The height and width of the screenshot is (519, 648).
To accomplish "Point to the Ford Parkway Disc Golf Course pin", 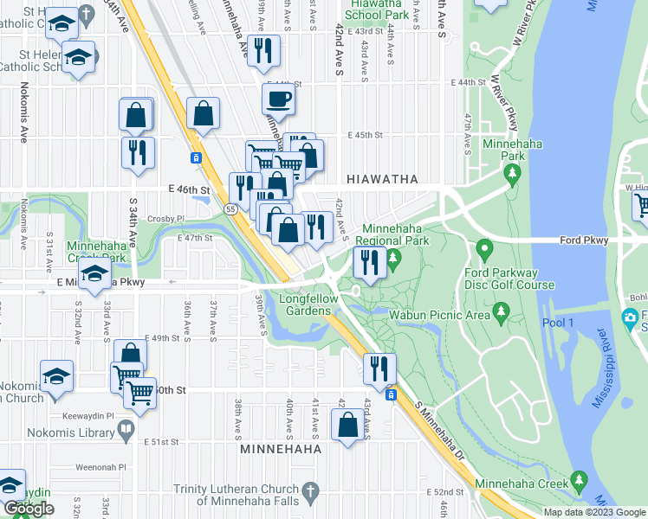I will point(483,251).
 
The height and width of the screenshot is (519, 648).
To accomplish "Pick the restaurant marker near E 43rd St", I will point(263,50).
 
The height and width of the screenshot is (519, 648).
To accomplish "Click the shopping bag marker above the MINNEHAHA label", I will point(347,425).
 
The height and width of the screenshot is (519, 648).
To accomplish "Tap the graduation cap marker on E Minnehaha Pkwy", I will point(94,277).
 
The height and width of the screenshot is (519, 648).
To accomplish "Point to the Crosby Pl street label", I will point(166,219).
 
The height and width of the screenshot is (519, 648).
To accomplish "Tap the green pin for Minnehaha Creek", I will point(580,480).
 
